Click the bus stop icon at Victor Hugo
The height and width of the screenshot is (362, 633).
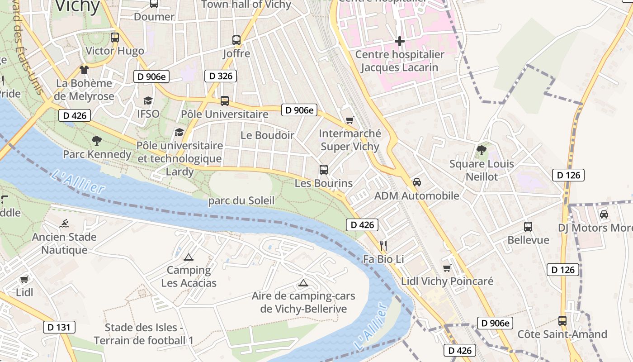115,38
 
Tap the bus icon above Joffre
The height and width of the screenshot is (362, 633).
236,40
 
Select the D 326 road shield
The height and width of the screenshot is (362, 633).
221,76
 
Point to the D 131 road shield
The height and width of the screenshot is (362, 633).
59,327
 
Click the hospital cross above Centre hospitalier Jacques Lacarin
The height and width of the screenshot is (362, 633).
400,42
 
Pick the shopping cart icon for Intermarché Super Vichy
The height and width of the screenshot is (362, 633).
350,120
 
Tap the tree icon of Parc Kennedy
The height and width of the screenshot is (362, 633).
97,141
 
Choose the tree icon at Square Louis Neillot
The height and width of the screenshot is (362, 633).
482,150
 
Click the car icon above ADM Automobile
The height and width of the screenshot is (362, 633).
417,182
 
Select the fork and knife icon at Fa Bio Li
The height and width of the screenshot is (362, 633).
383,246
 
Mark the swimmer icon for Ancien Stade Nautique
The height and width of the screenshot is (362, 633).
64,224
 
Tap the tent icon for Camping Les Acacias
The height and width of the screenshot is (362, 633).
189,257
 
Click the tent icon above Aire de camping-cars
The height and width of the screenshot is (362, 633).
303,284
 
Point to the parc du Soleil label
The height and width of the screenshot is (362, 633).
241,200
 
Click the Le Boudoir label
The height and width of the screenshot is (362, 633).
267,135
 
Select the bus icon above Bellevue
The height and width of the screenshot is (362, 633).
528,227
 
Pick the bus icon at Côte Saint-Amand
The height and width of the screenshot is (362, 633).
562,321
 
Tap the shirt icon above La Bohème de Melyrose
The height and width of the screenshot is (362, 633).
84,70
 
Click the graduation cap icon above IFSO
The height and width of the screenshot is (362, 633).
148,100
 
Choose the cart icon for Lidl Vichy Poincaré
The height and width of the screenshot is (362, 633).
447,268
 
